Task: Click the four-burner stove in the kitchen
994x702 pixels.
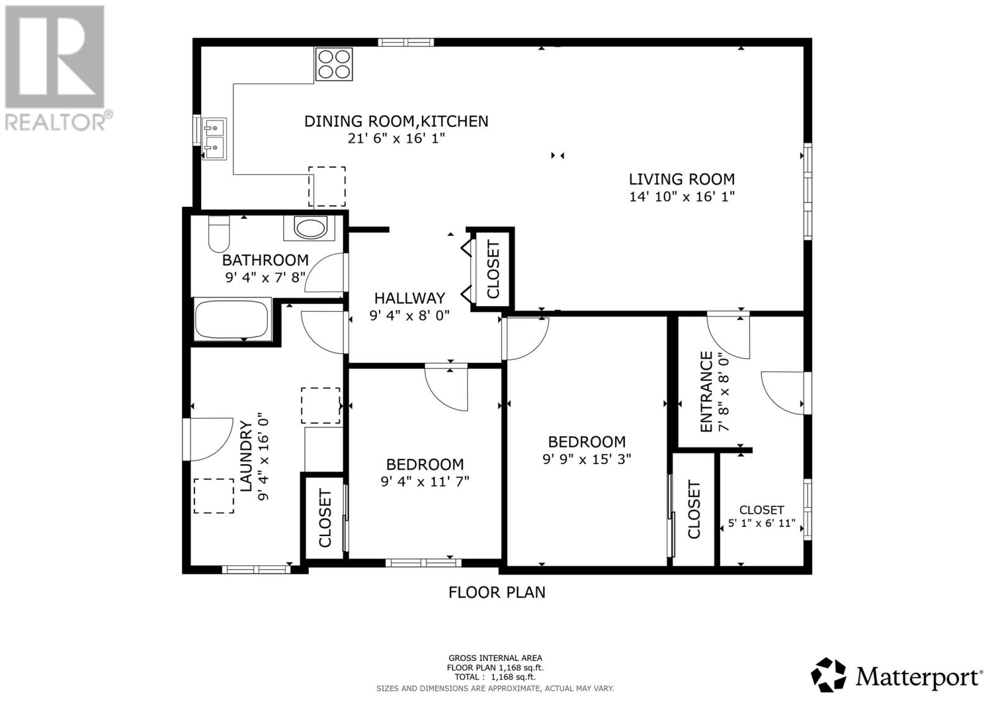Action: click(x=334, y=64)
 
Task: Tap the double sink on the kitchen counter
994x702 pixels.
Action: click(x=214, y=139)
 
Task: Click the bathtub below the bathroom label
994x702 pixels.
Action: click(x=232, y=320)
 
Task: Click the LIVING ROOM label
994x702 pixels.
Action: click(x=682, y=180)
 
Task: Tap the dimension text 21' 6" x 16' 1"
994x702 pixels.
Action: click(x=396, y=138)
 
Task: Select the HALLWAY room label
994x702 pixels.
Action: click(x=409, y=298)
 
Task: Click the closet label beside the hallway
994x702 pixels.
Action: click(x=493, y=269)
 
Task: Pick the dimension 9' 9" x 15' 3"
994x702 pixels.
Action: click(x=586, y=459)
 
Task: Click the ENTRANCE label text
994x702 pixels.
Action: click(x=706, y=391)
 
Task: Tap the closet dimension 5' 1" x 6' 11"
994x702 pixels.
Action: click(x=761, y=523)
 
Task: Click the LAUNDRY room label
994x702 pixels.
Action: click(x=247, y=456)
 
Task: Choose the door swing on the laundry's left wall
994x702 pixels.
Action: click(x=205, y=439)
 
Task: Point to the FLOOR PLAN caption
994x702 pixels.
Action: click(x=496, y=592)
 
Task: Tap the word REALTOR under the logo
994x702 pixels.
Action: click(x=56, y=122)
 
